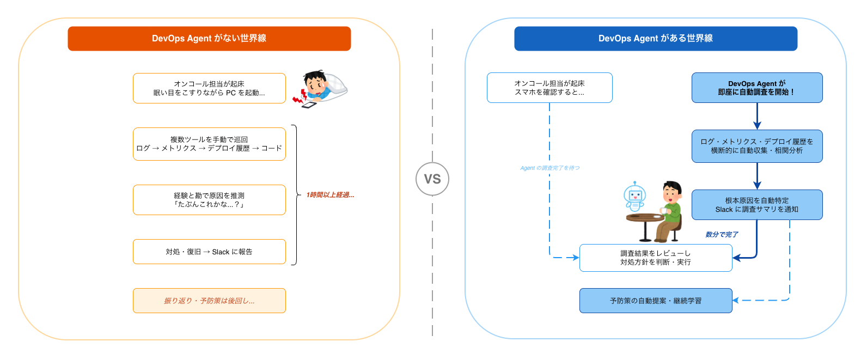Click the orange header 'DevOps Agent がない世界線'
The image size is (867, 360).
[209, 39]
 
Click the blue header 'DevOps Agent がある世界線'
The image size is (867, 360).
[656, 39]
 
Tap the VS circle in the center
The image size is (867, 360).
[432, 179]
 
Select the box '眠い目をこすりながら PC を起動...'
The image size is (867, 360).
[209, 88]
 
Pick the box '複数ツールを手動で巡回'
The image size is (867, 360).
[209, 144]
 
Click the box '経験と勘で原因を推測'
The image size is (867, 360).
[209, 200]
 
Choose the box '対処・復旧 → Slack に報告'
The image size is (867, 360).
[209, 252]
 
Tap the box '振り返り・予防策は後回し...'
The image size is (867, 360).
[209, 301]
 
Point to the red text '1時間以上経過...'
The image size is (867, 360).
[330, 195]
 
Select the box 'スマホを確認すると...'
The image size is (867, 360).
[549, 88]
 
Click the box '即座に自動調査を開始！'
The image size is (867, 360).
[757, 88]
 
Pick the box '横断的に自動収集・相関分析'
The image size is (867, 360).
[757, 146]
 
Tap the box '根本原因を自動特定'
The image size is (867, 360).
[757, 205]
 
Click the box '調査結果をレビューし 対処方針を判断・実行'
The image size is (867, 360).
[656, 258]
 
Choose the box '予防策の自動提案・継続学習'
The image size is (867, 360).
[656, 301]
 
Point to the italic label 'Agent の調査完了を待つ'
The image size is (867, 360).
[550, 168]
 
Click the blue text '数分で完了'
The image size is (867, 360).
[722, 235]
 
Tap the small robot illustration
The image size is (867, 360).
[634, 197]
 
